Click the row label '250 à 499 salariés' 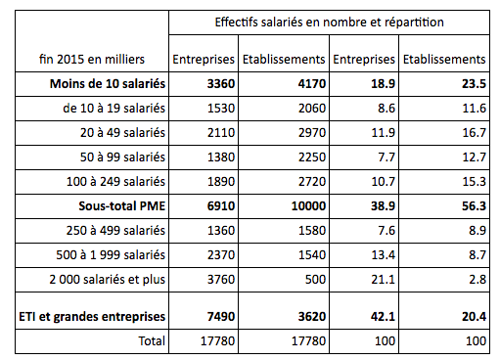(114, 230)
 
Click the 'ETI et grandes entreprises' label (89, 315)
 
